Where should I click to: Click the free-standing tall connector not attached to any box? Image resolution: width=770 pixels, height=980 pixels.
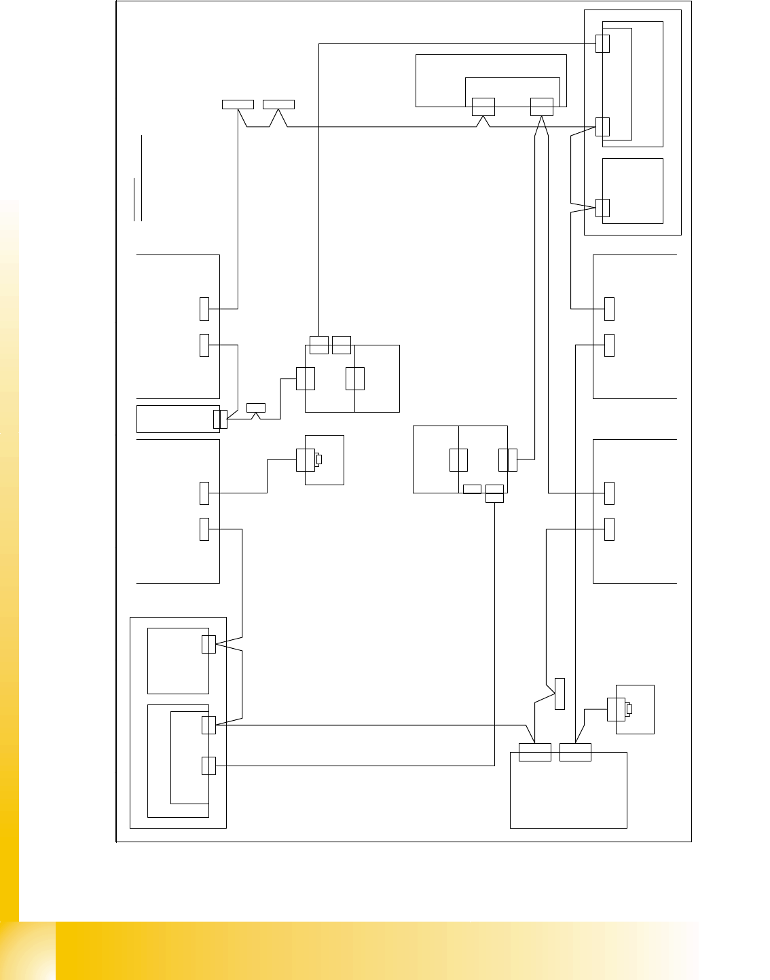tap(560, 694)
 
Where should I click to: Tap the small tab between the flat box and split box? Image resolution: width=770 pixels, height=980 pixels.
tap(255, 408)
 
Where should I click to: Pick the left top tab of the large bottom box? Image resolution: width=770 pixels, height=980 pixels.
tap(534, 753)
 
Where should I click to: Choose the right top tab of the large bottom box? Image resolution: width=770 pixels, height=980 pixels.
tap(575, 753)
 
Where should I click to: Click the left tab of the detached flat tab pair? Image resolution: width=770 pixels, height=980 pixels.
tap(238, 105)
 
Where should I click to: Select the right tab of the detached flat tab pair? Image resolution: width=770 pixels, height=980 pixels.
tap(278, 105)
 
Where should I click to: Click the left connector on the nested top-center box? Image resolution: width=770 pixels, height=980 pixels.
tap(483, 107)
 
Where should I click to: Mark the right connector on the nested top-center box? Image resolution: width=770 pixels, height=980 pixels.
tap(541, 107)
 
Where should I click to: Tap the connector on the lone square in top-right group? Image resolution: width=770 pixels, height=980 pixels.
tap(602, 208)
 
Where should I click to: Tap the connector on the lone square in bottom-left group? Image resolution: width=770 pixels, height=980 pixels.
tap(209, 644)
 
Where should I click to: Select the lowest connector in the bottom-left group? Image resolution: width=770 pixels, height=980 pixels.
tap(209, 766)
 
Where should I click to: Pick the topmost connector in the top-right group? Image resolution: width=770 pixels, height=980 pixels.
tap(602, 43)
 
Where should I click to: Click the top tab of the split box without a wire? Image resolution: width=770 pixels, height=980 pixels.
tap(342, 345)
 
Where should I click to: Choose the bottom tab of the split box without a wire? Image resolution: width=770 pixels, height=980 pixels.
tap(472, 489)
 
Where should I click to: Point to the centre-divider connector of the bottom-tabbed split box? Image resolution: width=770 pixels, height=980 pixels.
tap(458, 459)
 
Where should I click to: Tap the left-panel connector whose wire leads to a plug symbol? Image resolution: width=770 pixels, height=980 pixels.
tap(204, 493)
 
